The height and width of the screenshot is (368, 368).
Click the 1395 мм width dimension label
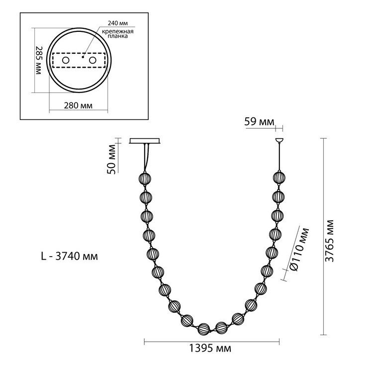(x=210, y=349)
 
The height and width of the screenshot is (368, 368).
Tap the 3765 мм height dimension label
(x=330, y=241)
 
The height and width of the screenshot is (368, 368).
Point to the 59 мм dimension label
(x=259, y=122)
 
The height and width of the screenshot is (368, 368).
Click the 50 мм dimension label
(x=111, y=159)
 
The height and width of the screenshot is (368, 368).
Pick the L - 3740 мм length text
(x=70, y=256)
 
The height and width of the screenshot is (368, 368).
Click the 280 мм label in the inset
(x=78, y=105)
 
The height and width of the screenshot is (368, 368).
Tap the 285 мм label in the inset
(x=38, y=60)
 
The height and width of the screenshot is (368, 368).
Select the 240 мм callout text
(x=117, y=23)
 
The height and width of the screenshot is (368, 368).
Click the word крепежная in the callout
(x=117, y=32)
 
